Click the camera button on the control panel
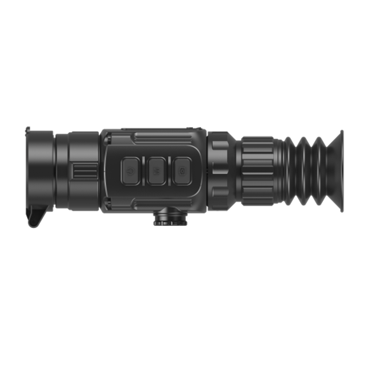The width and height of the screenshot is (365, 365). (x=182, y=171)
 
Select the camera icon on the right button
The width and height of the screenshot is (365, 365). (x=182, y=171)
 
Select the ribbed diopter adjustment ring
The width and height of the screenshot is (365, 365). (x=257, y=171)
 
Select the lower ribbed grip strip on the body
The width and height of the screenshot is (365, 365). (x=162, y=203)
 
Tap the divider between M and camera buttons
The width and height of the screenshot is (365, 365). (x=170, y=171)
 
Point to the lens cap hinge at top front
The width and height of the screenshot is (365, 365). (x=28, y=130)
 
